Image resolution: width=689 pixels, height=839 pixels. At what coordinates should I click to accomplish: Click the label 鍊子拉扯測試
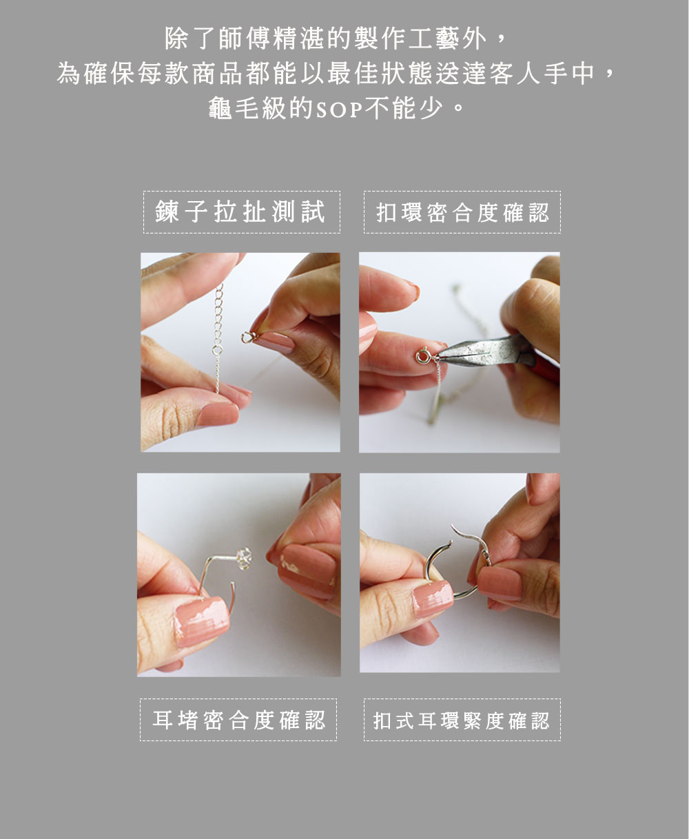(x=241, y=212)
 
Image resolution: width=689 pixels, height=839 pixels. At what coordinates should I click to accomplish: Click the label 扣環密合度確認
(x=462, y=212)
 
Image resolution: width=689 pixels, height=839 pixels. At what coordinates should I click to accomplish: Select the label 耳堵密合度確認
(x=238, y=720)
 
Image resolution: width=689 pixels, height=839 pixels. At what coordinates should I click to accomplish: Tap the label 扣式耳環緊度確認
(x=462, y=721)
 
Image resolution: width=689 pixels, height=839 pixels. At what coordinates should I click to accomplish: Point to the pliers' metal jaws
(x=469, y=353)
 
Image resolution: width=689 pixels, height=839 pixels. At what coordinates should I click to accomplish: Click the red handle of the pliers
(x=544, y=365)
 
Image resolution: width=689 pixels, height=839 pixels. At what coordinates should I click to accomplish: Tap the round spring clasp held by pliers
(x=422, y=358)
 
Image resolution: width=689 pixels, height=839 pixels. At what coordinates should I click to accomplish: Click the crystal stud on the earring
(x=243, y=557)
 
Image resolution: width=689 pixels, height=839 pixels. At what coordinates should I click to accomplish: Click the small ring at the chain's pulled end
(x=247, y=338)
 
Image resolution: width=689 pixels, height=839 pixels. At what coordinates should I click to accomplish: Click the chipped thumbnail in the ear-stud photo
(x=201, y=620)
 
